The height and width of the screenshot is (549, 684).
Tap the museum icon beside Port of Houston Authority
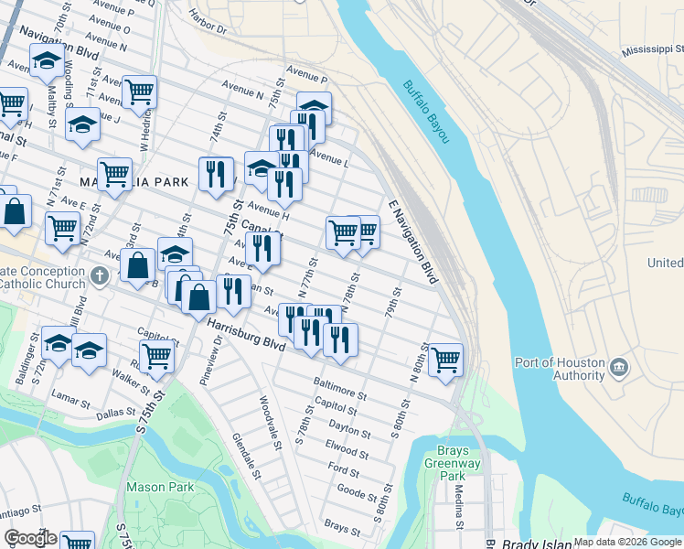[619, 368]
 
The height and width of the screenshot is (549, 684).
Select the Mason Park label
[160, 487]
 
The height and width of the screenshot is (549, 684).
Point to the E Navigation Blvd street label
[412, 241]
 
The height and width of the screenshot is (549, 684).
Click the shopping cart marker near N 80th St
[445, 359]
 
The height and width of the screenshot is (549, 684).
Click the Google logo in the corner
[30, 538]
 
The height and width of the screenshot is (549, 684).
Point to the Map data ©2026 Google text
[627, 542]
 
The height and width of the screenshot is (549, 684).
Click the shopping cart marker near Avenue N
[139, 91]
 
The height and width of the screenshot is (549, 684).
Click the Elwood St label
[347, 450]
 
